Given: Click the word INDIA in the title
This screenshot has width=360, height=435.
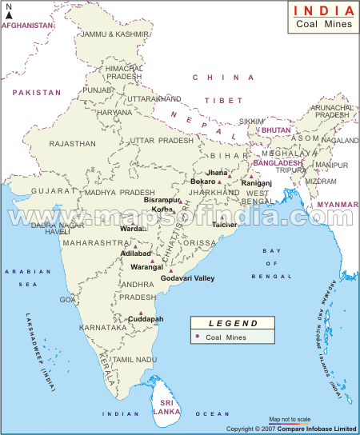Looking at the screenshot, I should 322,10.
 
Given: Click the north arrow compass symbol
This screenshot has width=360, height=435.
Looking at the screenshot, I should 8,12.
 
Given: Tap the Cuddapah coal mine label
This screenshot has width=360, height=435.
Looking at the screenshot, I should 146,319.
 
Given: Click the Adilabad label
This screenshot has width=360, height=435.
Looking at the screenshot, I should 134,253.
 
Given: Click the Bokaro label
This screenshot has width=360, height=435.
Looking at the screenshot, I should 204,182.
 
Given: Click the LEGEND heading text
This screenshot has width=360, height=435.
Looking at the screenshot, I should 233,324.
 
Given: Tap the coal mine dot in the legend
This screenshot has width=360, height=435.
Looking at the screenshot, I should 197,337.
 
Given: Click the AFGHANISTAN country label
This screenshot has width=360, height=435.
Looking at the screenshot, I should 28,26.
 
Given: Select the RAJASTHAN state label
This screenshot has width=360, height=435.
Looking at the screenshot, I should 72,144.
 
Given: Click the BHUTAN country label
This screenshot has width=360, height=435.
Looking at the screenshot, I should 276,129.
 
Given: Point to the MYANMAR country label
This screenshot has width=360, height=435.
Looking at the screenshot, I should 337,205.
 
